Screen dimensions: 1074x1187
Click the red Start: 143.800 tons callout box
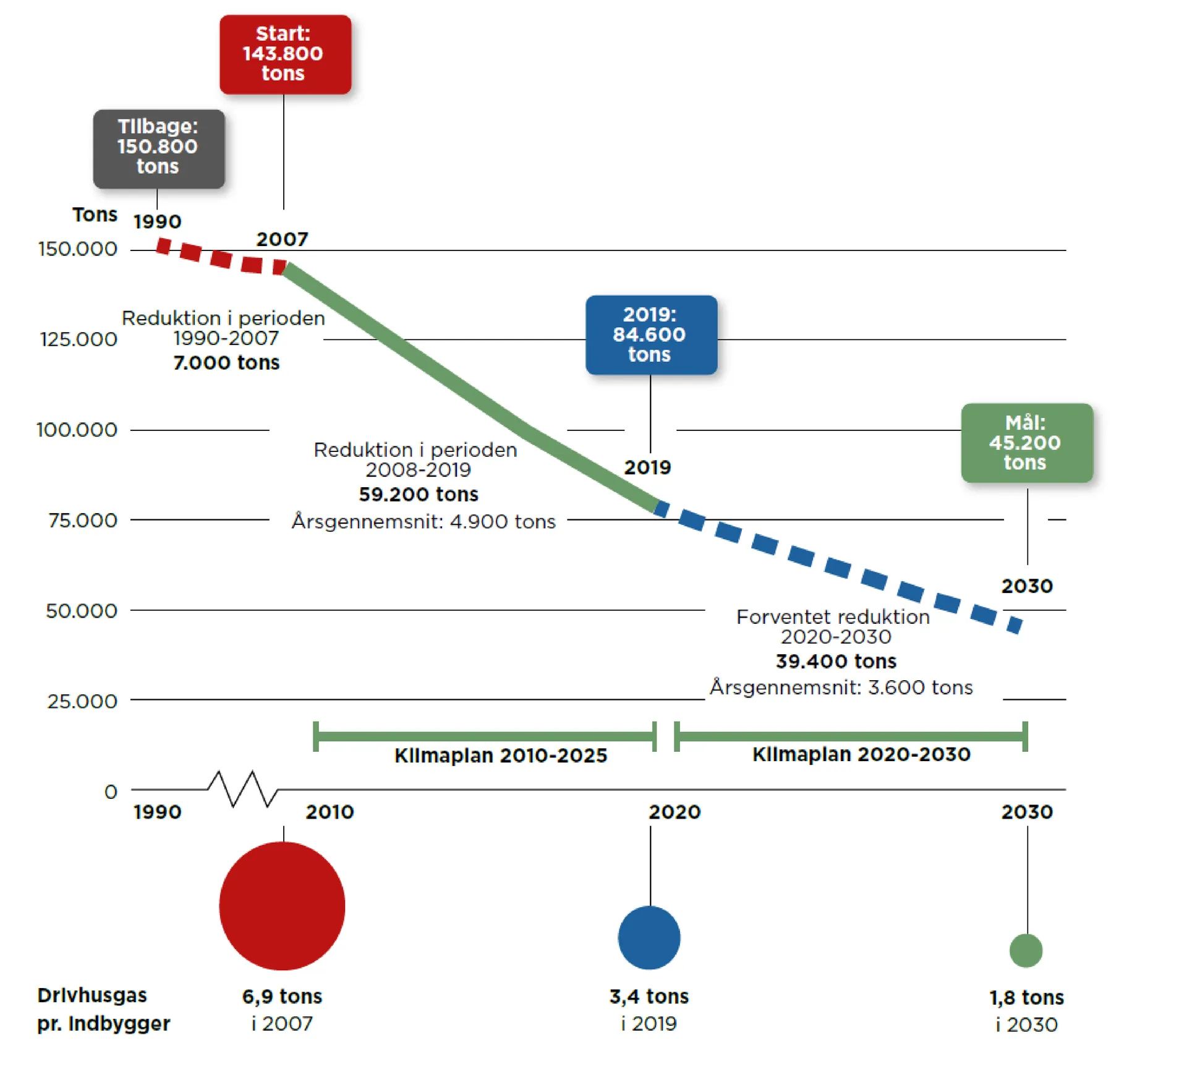point(285,54)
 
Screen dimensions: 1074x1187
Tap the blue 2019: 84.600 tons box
point(651,335)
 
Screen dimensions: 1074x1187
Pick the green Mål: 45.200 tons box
point(1026,443)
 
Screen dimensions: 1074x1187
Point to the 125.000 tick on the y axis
point(79,339)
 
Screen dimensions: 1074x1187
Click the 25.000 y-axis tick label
point(82,701)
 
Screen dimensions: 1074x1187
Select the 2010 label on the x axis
point(330,812)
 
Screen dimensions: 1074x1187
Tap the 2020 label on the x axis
point(674,812)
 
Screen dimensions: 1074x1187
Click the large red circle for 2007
point(282,906)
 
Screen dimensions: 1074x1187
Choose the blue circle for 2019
point(649,937)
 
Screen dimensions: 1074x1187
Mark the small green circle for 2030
point(1026,950)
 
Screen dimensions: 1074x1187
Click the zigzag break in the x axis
point(242,789)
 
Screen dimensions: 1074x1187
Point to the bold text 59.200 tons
point(419,494)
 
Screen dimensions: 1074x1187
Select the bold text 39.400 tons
point(836,661)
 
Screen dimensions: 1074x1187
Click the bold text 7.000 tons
point(226,362)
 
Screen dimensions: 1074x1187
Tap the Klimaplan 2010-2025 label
point(501,756)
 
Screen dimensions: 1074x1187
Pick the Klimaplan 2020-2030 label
point(861,754)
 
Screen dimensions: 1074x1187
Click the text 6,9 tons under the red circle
point(282,996)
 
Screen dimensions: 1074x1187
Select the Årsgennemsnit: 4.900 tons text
point(423,521)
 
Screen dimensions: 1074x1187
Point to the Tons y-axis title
point(95,215)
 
